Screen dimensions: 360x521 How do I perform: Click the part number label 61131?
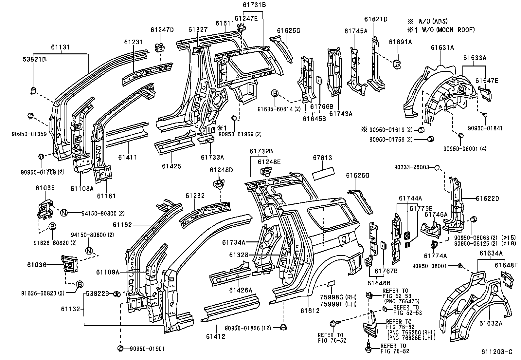(60, 47)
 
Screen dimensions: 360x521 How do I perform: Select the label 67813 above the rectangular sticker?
(323, 158)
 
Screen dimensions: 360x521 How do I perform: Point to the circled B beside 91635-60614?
(275, 94)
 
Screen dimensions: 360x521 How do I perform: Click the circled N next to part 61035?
(64, 213)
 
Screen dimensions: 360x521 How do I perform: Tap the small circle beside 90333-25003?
(437, 168)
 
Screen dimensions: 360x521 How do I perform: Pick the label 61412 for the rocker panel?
(216, 336)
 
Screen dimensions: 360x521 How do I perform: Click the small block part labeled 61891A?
(398, 64)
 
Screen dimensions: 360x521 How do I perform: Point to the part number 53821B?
(34, 59)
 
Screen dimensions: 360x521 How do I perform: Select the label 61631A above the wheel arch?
(442, 47)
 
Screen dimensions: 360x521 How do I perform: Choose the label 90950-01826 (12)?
(248, 328)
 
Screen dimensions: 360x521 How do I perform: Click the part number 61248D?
(221, 170)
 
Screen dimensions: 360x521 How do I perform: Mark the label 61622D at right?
(487, 199)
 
